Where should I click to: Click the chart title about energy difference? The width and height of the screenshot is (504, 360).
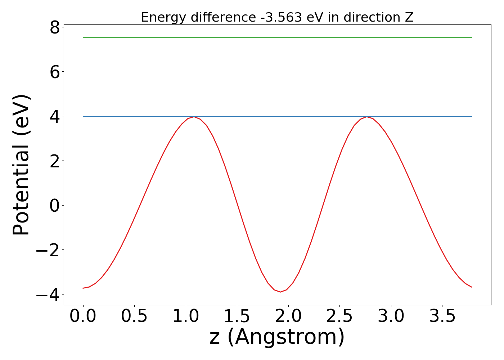click(277, 17)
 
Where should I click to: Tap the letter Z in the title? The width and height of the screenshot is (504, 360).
click(409, 17)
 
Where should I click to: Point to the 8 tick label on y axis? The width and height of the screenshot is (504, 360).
click(54, 27)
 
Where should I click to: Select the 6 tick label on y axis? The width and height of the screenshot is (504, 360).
click(54, 72)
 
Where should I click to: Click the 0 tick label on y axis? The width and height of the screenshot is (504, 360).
click(54, 206)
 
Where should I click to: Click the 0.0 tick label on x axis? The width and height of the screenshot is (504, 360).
click(83, 316)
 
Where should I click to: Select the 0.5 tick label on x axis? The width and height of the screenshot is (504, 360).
click(134, 316)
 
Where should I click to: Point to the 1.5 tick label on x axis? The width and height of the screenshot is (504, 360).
click(237, 316)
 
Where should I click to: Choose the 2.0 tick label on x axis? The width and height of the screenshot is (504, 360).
click(288, 316)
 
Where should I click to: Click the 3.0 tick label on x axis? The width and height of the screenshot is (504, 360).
click(391, 316)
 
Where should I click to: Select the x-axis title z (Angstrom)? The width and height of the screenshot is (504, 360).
click(277, 338)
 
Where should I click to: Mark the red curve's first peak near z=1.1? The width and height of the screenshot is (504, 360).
click(194, 117)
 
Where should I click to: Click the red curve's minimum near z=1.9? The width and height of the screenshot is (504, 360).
click(280, 292)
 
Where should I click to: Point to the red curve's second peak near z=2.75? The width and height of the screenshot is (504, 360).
click(366, 117)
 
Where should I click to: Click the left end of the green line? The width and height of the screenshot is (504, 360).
click(84, 37)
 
